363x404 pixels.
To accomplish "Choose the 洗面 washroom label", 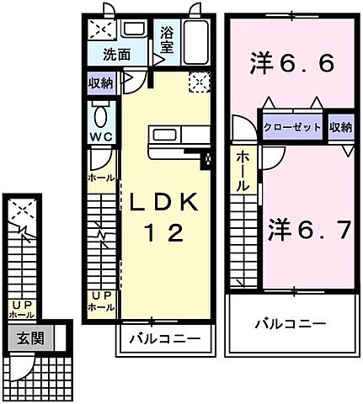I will coord(117,56).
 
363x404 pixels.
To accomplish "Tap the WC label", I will coord(101,136).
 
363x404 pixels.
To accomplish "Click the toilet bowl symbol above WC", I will coord(101,114).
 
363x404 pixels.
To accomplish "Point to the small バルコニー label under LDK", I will coord(164,340).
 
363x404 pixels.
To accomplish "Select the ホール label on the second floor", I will coord(242,171).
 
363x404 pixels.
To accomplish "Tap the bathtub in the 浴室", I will coord(195,40).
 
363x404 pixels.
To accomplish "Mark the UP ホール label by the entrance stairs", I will coord(22,309).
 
